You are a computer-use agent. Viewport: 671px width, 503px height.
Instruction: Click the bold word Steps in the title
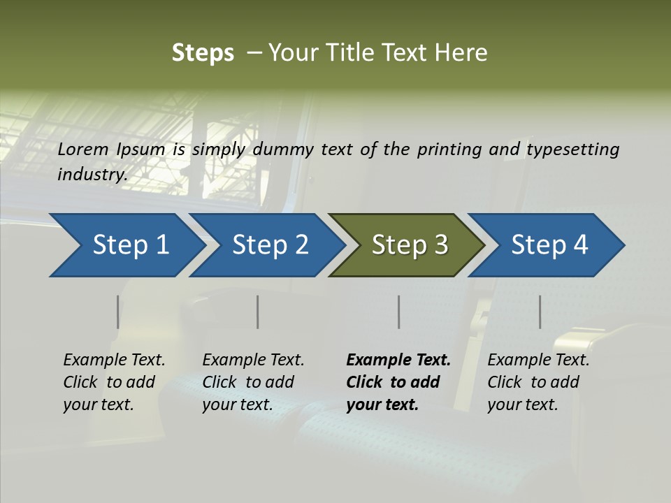click(203, 53)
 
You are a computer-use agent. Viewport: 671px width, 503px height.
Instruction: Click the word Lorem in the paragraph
click(83, 150)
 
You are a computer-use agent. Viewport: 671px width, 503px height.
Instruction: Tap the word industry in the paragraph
click(92, 175)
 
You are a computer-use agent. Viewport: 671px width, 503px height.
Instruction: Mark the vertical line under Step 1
click(117, 312)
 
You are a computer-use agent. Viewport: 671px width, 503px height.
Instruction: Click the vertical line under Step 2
click(258, 312)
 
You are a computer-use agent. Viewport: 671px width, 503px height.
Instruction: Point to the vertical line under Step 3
click(398, 312)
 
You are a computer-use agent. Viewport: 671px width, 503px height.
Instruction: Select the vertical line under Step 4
click(540, 312)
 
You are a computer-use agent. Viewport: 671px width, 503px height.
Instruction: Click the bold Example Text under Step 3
click(398, 360)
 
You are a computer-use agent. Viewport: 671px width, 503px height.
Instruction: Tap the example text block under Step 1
click(114, 382)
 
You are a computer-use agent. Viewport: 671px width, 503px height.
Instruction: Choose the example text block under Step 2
click(253, 382)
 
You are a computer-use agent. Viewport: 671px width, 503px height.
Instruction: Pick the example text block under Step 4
click(538, 382)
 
